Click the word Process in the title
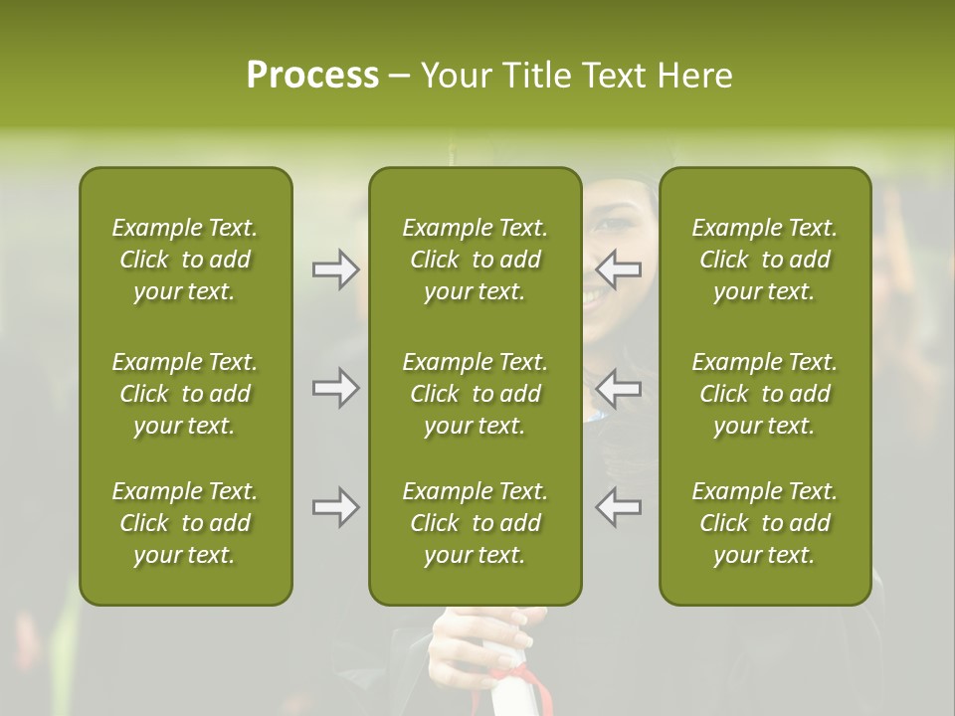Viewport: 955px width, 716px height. [x=312, y=76]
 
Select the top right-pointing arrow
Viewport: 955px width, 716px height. [x=335, y=269]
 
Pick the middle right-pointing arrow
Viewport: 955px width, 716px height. [x=335, y=388]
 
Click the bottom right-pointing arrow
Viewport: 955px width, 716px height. [x=335, y=507]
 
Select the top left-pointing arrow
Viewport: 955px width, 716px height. [x=619, y=269]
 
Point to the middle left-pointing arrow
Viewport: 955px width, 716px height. [x=619, y=388]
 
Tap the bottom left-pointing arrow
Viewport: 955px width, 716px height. [x=619, y=507]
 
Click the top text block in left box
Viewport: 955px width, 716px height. [x=185, y=260]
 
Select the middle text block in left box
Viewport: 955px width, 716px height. [x=185, y=394]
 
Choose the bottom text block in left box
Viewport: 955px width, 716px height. [x=185, y=523]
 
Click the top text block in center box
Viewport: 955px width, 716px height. [x=475, y=260]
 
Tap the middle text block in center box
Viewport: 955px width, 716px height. [x=475, y=394]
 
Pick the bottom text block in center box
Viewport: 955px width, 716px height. [x=475, y=523]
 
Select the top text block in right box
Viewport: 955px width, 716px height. [x=764, y=260]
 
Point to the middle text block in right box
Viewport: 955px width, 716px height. [x=764, y=394]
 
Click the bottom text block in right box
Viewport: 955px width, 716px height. [x=764, y=523]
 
